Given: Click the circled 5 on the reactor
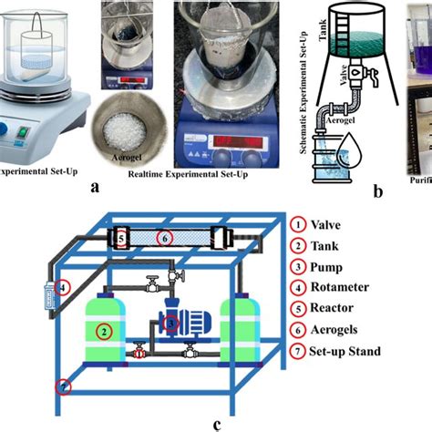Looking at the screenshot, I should pos(121,238).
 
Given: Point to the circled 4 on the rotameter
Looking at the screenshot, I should pos(61,287).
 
